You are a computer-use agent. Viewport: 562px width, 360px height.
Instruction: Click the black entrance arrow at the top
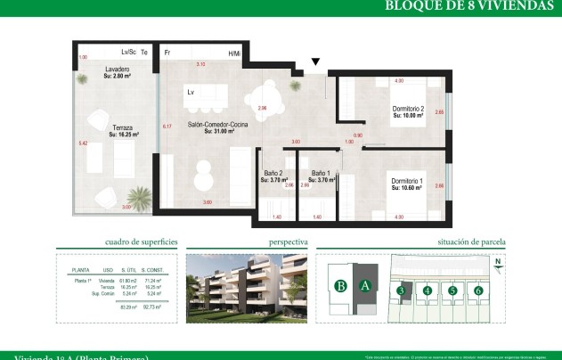coord(315,62)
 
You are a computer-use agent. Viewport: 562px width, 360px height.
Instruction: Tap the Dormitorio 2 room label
coord(407,112)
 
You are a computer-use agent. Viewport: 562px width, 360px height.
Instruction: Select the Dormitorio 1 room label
coord(407,184)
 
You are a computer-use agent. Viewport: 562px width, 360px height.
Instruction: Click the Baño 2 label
coord(273,176)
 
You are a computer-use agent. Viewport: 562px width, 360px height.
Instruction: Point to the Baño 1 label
coord(321,176)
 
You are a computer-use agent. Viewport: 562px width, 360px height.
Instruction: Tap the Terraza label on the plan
coord(122,131)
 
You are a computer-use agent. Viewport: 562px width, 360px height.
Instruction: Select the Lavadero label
coord(118,72)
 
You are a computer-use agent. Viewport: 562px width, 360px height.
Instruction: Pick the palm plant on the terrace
coord(137,197)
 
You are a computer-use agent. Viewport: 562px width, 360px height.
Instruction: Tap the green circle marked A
coord(364,286)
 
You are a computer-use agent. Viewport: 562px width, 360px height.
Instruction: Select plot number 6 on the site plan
coord(478,290)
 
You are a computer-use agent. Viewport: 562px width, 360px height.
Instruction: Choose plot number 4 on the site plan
coord(428,290)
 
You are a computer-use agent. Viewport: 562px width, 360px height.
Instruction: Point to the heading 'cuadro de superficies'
coord(142,241)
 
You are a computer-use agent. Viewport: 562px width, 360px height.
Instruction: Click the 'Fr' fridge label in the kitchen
coord(167,53)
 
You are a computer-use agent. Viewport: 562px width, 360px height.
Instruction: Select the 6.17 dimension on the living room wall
coord(167,127)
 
